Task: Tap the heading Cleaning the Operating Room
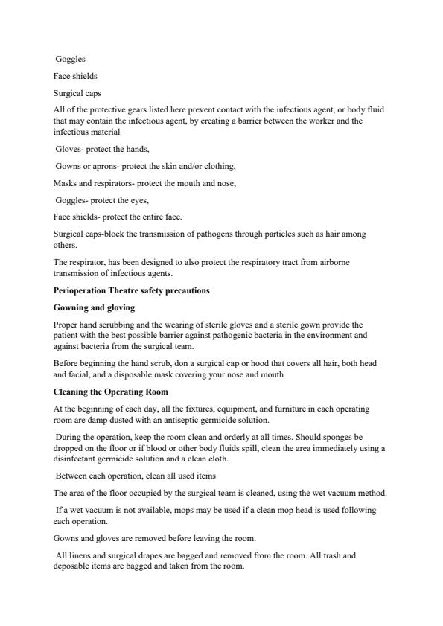(110, 392)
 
